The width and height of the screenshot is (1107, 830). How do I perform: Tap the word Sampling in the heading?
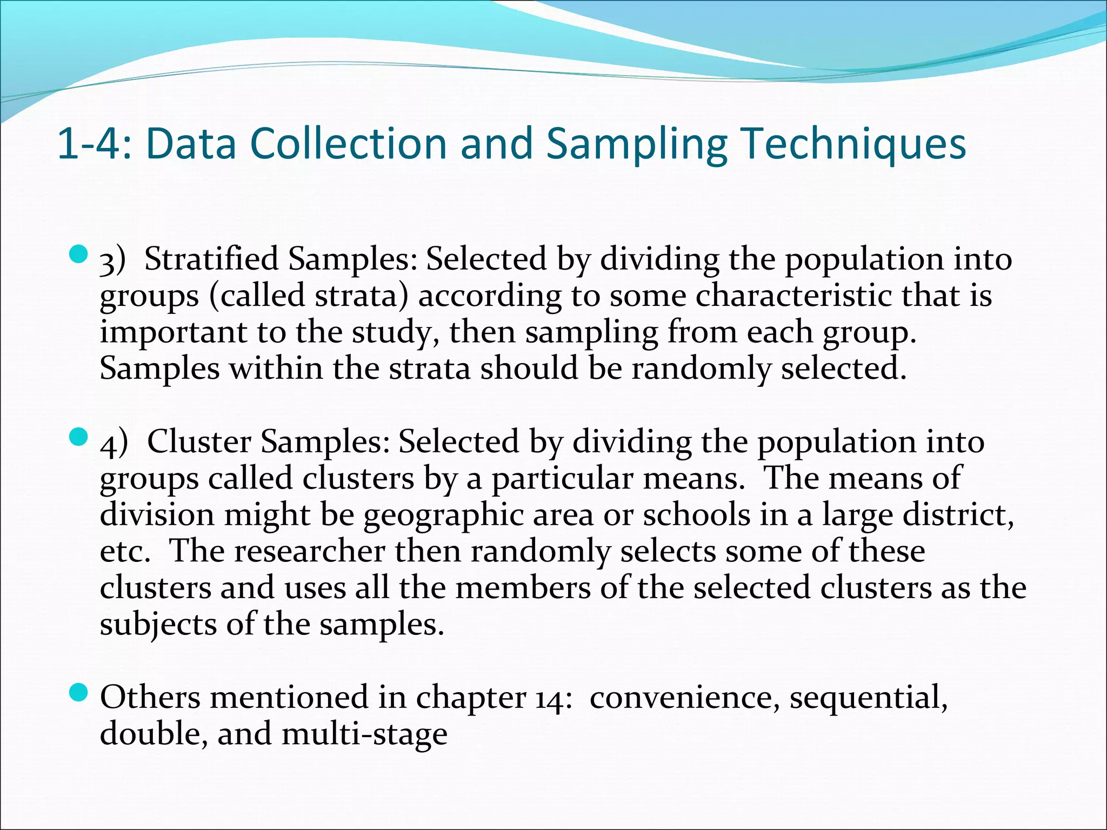click(x=636, y=144)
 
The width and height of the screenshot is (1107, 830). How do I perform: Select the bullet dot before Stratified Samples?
click(x=79, y=254)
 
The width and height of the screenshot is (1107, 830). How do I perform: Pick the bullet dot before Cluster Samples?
click(x=79, y=437)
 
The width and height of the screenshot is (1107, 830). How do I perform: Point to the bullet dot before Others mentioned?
click(x=79, y=692)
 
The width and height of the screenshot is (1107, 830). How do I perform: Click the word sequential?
click(x=868, y=697)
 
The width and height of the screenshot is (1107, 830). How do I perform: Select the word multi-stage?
click(x=365, y=734)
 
